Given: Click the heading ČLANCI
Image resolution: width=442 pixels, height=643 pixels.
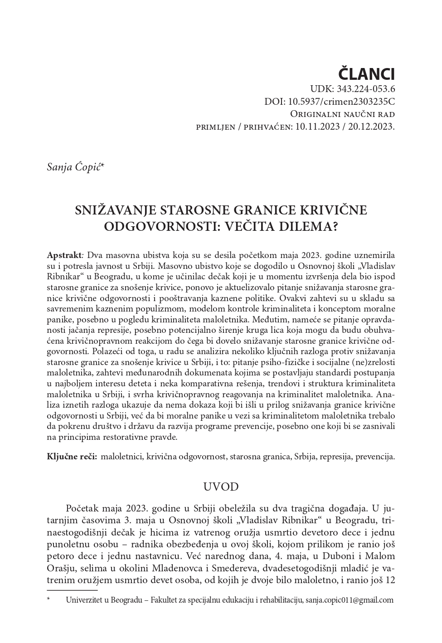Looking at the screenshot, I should [x=367, y=74].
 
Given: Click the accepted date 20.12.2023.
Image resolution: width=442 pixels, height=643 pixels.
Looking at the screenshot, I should [x=373, y=127].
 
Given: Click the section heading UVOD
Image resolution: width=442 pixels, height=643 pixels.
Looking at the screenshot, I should [x=221, y=487].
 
